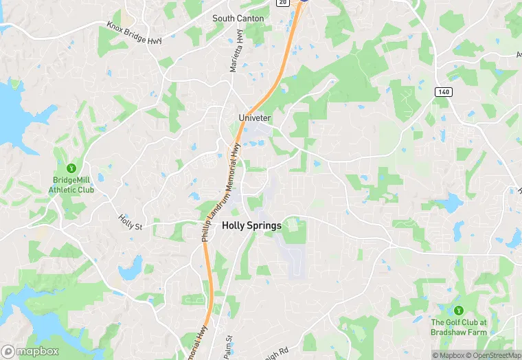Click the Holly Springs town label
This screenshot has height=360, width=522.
pos(251,225)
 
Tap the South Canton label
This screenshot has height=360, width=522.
pos(238,19)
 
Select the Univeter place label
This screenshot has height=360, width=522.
pos(254,118)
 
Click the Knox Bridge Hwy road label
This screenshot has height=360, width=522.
pos(134,33)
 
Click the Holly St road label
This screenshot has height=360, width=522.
pos(129,222)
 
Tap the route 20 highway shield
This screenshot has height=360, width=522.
pos(282,3)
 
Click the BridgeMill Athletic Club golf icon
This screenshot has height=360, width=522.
pos(70,168)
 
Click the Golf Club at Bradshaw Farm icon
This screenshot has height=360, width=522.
pos(458,311)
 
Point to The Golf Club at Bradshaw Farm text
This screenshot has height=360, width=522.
pos(458,327)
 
